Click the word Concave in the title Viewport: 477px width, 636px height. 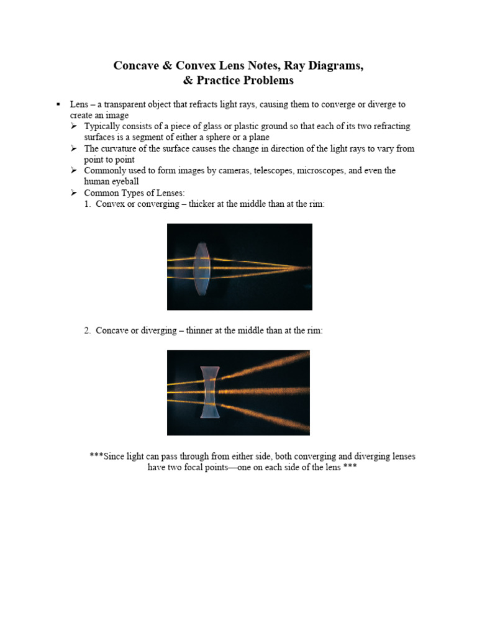pyautogui.click(x=136, y=66)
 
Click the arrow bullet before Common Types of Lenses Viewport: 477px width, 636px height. pyautogui.click(x=74, y=193)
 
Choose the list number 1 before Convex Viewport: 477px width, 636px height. pyautogui.click(x=87, y=204)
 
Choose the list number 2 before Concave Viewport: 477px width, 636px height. pyautogui.click(x=87, y=331)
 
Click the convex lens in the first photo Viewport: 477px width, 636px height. pyautogui.click(x=201, y=268)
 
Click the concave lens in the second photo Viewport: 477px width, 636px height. pyautogui.click(x=211, y=393)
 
